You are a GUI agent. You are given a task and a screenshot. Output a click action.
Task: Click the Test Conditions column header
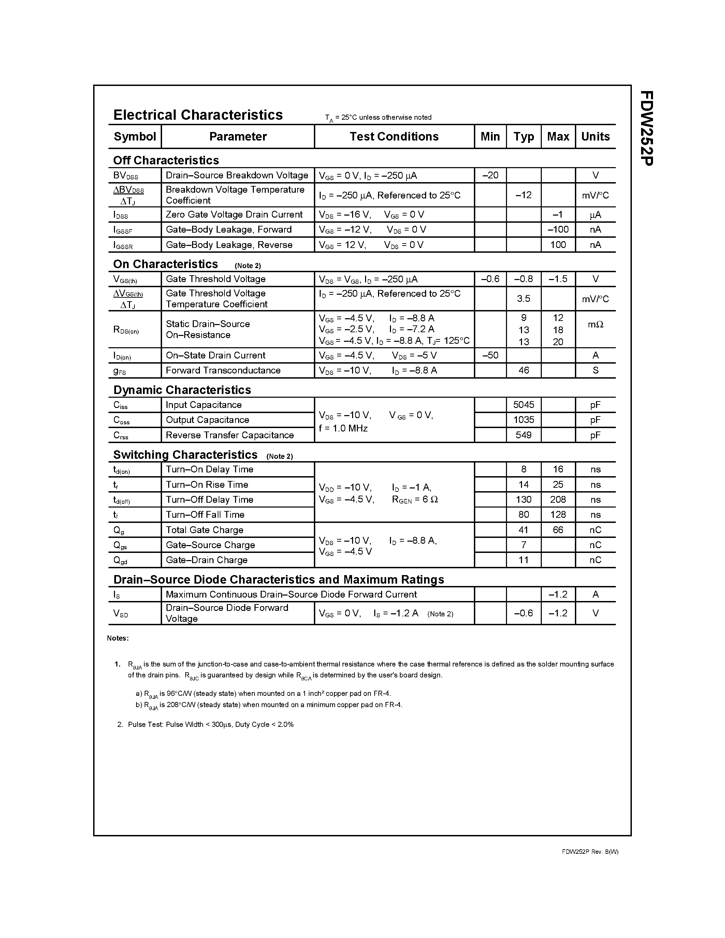tap(394, 136)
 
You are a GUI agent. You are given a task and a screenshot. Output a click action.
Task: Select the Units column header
tap(595, 136)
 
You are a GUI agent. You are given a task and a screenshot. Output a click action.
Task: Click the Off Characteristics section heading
tap(166, 160)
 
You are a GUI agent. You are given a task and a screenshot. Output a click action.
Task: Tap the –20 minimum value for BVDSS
tap(490, 175)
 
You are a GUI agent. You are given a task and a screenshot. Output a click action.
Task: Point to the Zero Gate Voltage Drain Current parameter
tap(234, 214)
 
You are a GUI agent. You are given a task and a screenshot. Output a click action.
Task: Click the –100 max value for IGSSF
tap(558, 229)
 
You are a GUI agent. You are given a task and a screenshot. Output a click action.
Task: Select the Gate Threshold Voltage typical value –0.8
tap(524, 279)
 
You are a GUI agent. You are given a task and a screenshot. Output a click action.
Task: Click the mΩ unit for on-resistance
tap(595, 325)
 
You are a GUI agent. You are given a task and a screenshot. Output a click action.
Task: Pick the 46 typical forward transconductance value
tap(524, 370)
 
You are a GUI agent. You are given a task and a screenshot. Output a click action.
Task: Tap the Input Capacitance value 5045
tap(524, 405)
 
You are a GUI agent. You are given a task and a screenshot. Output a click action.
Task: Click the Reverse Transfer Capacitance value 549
tap(524, 435)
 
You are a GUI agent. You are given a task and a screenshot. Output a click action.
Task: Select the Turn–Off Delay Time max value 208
tap(558, 499)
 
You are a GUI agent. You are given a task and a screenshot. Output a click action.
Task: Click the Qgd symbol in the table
tap(120, 560)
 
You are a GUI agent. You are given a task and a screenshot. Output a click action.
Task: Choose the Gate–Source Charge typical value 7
tap(524, 545)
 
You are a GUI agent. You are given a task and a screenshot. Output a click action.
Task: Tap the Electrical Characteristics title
tap(198, 115)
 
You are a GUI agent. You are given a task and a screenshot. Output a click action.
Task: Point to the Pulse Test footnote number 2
tap(120, 724)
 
